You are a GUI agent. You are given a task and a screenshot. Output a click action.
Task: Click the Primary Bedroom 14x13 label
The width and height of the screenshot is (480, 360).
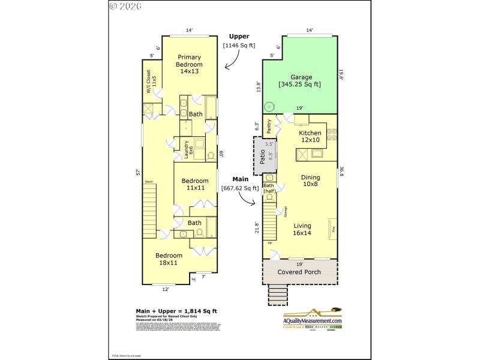point(189,64)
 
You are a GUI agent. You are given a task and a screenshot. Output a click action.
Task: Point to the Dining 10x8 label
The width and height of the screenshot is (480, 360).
point(310,181)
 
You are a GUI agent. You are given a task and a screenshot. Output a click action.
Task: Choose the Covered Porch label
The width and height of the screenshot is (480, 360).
point(299,272)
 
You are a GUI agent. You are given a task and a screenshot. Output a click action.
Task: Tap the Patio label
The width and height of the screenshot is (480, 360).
point(262,156)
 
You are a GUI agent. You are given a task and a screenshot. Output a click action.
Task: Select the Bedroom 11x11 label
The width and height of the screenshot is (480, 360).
point(195,184)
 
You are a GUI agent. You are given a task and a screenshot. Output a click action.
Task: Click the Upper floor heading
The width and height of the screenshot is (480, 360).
point(239,37)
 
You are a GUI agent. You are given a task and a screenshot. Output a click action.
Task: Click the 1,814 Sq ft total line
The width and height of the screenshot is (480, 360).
point(175,311)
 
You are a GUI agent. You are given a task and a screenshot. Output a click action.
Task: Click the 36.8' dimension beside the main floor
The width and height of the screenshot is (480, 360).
point(342,171)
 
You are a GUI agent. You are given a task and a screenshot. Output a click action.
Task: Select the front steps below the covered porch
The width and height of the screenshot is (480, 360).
point(278,295)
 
